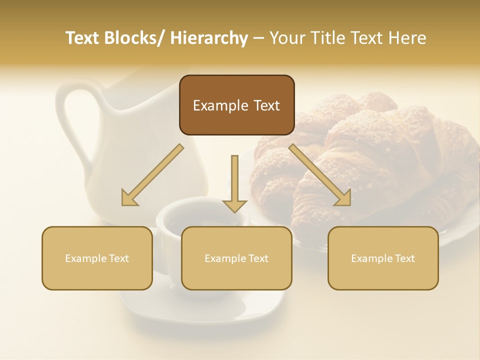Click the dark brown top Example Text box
point(236,105)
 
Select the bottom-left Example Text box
point(97,258)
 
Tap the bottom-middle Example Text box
point(236,258)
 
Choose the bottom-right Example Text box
point(383,258)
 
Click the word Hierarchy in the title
point(208,38)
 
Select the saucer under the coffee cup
point(210,307)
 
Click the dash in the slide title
point(258,38)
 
